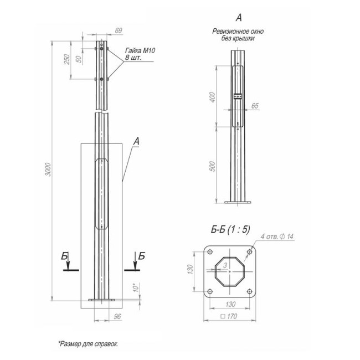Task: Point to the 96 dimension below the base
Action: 117,316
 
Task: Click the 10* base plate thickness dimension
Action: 135,289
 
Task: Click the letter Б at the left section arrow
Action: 65,256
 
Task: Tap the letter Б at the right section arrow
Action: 142,256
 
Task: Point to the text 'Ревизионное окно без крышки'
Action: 238,35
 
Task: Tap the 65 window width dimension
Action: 255,105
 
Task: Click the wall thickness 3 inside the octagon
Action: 225,266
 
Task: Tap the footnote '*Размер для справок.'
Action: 88,343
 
